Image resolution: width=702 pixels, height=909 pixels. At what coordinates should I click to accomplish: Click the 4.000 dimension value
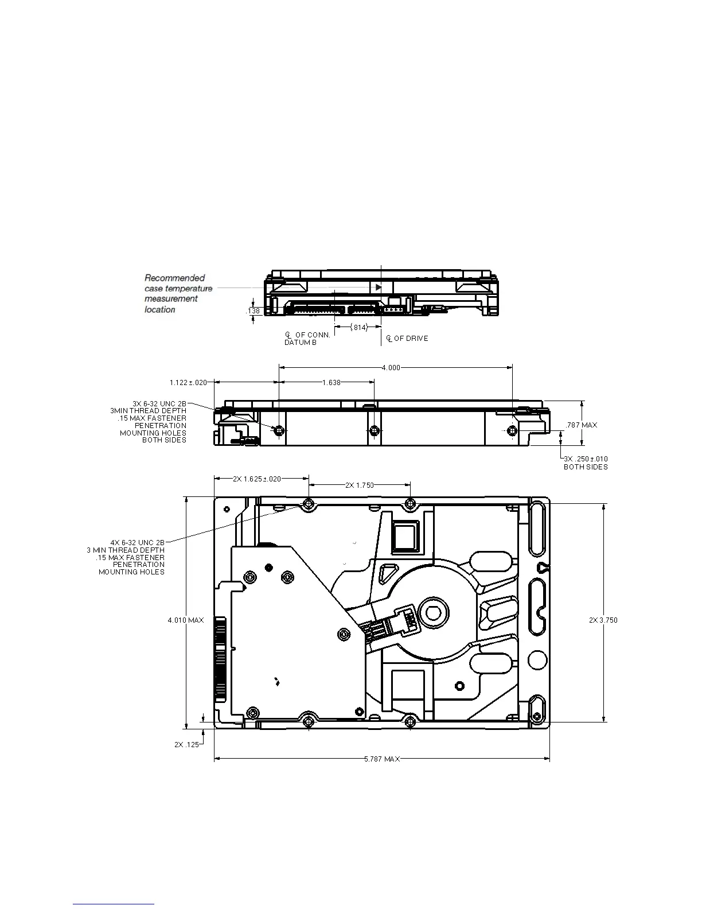[391, 367]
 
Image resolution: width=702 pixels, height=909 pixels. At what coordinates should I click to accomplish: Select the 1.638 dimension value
[331, 382]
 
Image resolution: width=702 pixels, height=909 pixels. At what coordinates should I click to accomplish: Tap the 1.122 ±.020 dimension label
[188, 382]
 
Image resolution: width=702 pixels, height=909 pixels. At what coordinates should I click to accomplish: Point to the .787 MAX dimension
[582, 425]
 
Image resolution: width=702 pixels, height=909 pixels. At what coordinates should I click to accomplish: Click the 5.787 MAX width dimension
[382, 759]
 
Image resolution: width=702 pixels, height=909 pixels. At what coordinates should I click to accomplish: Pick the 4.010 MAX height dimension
[185, 620]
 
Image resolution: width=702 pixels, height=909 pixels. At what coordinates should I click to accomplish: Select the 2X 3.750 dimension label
[603, 620]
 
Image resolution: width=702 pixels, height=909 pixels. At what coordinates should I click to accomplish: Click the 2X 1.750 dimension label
[359, 485]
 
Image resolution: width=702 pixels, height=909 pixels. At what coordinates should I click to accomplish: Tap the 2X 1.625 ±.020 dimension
[257, 479]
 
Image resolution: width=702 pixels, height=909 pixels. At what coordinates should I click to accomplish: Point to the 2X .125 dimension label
[186, 744]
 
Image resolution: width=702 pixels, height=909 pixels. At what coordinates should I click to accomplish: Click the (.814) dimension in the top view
[358, 327]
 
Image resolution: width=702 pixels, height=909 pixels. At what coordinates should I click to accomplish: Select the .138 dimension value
[253, 311]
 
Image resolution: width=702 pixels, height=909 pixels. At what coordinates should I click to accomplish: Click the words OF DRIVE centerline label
[411, 339]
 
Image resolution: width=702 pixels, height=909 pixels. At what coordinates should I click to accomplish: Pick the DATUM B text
[300, 343]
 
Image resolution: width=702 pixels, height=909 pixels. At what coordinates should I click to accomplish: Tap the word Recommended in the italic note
[174, 278]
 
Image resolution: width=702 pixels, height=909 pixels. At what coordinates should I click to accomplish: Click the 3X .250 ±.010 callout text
[586, 459]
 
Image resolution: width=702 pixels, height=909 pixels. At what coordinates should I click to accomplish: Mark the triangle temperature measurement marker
[378, 287]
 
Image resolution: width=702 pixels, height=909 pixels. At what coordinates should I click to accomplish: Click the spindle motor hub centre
[431, 612]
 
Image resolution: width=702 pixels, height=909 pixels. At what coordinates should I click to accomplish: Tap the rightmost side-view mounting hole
[512, 430]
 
